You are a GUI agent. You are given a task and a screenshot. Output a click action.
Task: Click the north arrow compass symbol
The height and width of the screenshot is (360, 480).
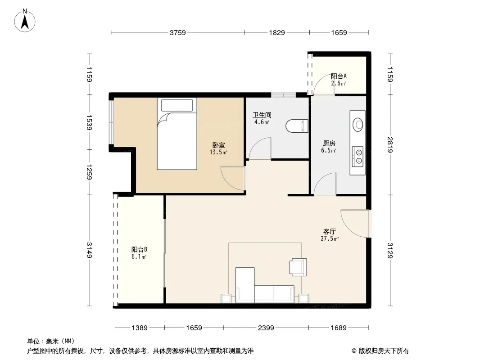[x=25, y=21]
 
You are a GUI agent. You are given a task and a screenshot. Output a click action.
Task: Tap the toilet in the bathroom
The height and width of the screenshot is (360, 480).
[x=297, y=126]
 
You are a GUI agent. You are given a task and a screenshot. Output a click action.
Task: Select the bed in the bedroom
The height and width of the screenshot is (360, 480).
[x=177, y=134]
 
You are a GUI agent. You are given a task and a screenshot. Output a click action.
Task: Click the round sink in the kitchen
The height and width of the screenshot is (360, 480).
[x=358, y=125]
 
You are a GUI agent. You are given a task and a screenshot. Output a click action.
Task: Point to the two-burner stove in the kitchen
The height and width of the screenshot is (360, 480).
[x=358, y=157]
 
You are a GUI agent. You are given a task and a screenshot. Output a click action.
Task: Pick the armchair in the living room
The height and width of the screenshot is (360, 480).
[x=298, y=267]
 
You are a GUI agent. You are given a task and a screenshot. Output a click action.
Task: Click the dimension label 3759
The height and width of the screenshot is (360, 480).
[x=178, y=32]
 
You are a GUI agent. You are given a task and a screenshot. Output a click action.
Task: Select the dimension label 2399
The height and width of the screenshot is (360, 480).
[x=266, y=328]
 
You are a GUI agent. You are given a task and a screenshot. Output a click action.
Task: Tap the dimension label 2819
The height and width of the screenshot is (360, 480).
[x=390, y=144]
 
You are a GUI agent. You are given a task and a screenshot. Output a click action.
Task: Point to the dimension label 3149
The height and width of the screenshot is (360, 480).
[x=89, y=250]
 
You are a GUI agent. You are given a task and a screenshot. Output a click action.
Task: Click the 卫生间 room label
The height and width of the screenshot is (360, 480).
[x=262, y=115]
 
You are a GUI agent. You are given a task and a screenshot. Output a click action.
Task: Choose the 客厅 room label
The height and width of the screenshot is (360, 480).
[x=330, y=232]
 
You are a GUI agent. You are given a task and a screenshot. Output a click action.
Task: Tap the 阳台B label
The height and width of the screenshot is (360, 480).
[x=139, y=250]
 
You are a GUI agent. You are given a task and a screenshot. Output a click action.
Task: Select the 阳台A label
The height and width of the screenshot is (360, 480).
[x=339, y=76]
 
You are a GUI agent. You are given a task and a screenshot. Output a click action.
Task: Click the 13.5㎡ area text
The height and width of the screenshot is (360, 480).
[x=218, y=152]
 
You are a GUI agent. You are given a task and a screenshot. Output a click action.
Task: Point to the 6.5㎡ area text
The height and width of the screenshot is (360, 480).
[x=328, y=150]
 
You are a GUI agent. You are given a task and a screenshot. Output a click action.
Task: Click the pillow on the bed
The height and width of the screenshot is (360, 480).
[x=177, y=105]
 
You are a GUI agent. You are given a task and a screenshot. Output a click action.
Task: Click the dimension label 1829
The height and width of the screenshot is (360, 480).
[x=277, y=32]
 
